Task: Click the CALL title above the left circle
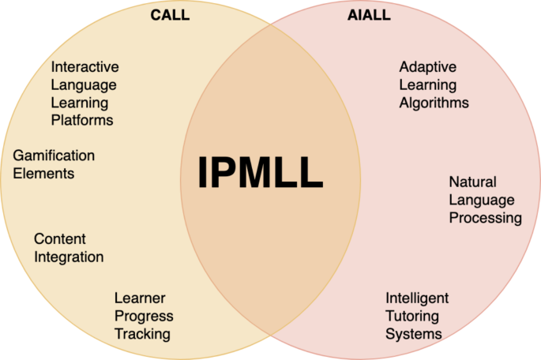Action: [x=170, y=15]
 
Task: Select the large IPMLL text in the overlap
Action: [x=260, y=173]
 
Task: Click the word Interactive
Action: [x=85, y=67]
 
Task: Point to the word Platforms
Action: [x=82, y=120]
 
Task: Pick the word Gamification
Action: [x=54, y=156]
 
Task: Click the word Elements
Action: [x=43, y=173]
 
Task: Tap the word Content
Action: [x=60, y=238]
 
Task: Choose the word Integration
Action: [x=69, y=257]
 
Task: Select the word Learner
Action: [x=140, y=298]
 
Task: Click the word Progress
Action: [x=144, y=316]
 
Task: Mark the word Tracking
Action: [x=142, y=334]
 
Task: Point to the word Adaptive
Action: [x=427, y=67]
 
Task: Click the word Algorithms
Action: [x=434, y=103]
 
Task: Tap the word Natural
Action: [x=472, y=182]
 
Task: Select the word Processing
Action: [x=486, y=218]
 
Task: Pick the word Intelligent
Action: [x=417, y=298]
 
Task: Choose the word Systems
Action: [x=414, y=334]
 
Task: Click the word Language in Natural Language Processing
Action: [x=482, y=201]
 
